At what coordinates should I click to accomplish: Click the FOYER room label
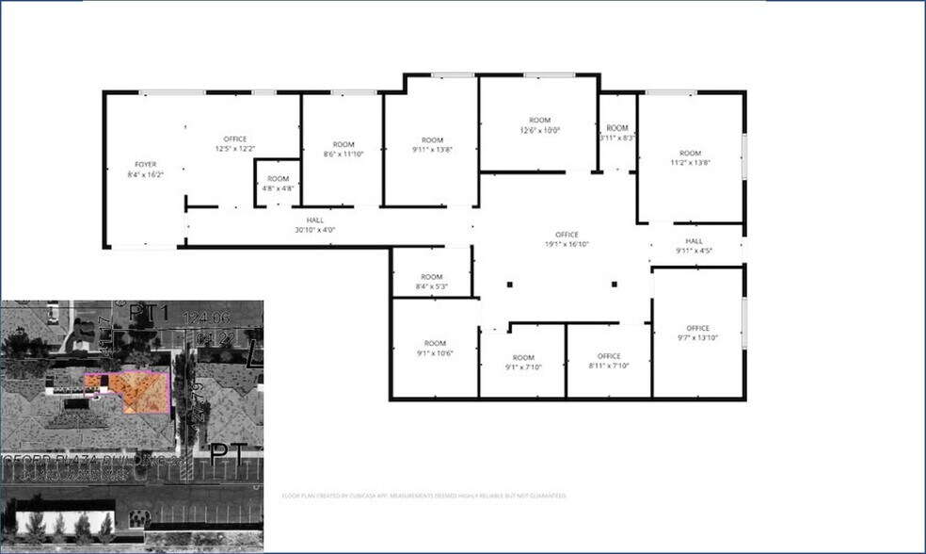[145, 164]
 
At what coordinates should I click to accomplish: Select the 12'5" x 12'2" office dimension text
[235, 149]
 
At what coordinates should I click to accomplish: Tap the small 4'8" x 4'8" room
[278, 183]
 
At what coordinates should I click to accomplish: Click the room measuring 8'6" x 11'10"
[343, 149]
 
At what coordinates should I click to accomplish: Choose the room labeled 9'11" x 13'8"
[432, 144]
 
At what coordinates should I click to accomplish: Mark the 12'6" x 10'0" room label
[539, 125]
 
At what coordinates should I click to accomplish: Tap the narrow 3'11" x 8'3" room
[617, 132]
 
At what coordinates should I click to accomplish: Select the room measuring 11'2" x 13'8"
[691, 157]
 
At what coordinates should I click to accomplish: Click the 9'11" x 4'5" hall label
[694, 246]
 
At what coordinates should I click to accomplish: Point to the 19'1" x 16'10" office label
[567, 239]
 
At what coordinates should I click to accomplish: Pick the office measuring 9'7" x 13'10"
[697, 333]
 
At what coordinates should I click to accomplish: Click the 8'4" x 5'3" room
[432, 281]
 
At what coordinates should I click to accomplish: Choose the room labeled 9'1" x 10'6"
[435, 348]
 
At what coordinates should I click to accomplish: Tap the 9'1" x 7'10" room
[523, 362]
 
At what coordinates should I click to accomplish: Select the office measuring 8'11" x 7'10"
[609, 361]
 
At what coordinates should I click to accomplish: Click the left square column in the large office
[509, 285]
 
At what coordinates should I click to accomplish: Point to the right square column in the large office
[615, 285]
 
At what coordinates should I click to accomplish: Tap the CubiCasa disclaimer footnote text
[423, 495]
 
